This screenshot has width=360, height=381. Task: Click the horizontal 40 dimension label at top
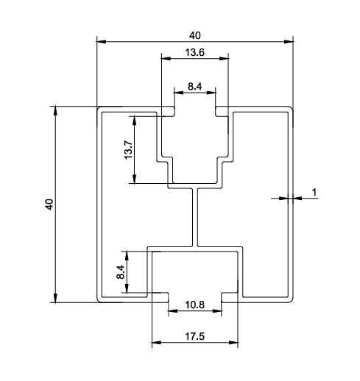click(194, 35)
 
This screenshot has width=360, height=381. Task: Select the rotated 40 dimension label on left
click(49, 204)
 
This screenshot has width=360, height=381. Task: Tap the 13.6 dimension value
click(194, 52)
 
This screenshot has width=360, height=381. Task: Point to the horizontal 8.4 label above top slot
click(195, 86)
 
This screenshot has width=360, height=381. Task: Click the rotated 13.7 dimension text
click(128, 150)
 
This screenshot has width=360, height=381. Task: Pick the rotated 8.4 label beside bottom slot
click(121, 272)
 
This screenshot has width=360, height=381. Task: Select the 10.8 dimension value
click(194, 305)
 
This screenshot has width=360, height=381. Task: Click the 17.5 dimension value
click(194, 336)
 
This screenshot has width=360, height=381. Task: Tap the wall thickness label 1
click(314, 193)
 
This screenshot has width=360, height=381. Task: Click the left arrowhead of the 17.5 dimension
click(157, 343)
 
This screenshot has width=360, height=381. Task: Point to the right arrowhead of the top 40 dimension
click(289, 41)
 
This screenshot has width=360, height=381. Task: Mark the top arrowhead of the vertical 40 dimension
click(56, 111)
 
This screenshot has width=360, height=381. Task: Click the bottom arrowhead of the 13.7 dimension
click(134, 179)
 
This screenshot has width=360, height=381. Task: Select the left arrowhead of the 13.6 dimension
click(166, 59)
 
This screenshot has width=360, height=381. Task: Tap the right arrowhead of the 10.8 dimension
click(217, 311)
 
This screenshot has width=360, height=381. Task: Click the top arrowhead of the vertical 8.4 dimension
click(127, 256)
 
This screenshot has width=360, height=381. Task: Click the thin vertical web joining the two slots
click(195, 217)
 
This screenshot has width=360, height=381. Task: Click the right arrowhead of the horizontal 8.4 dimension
click(211, 93)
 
